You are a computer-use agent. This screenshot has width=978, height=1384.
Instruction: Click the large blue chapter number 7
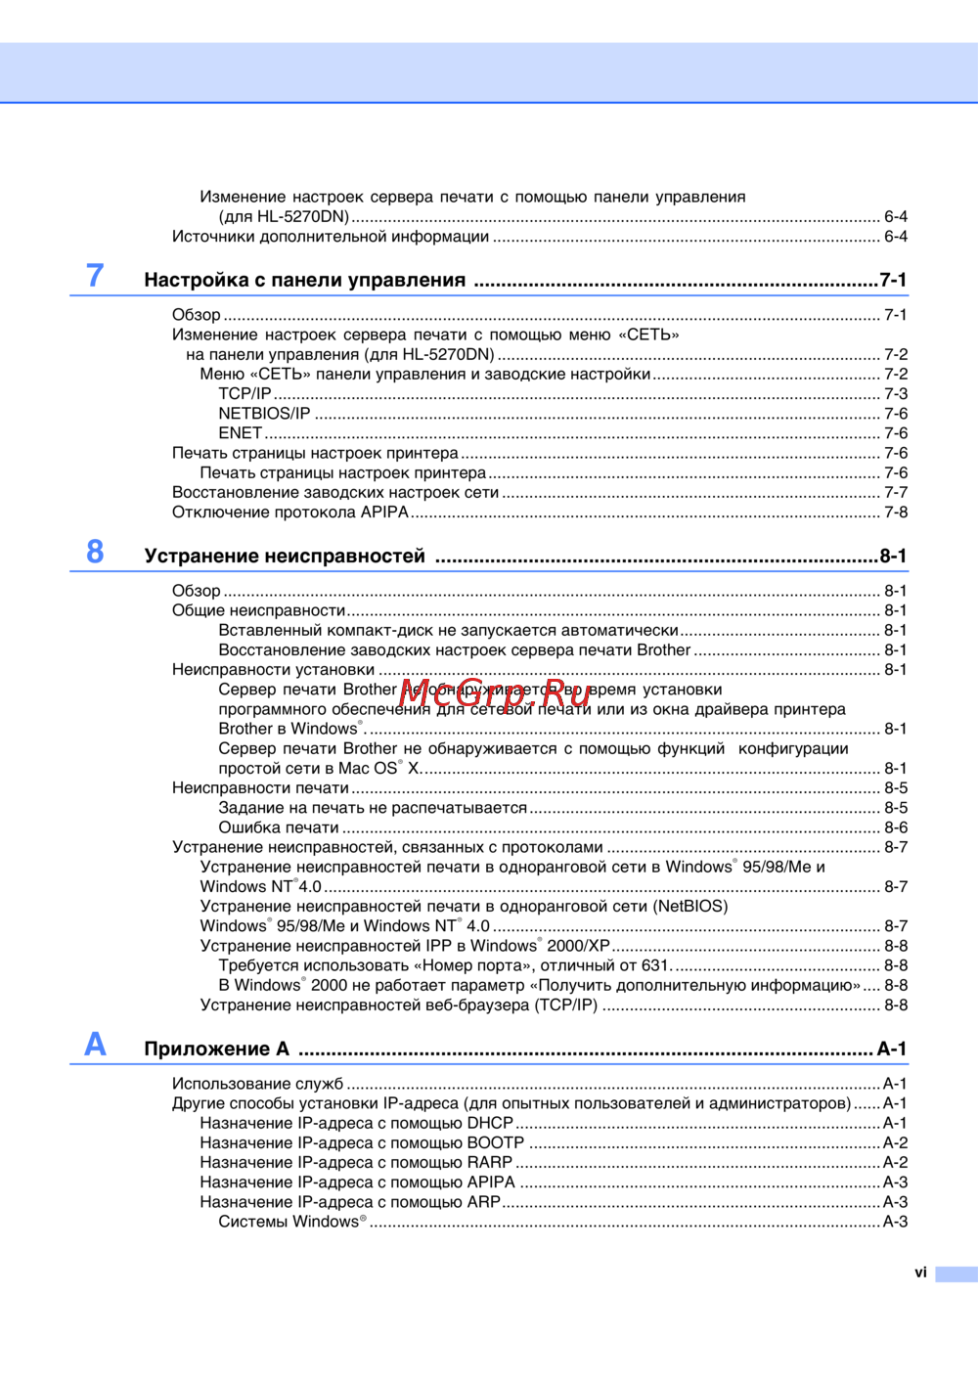pos(95,276)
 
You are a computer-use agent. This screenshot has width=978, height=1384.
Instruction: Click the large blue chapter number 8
pos(95,552)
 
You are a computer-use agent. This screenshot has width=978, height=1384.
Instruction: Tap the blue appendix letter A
pos(95,1045)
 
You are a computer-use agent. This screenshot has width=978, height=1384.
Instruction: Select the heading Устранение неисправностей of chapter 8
pos(285,557)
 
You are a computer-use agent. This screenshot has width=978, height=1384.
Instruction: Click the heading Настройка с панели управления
pos(304,281)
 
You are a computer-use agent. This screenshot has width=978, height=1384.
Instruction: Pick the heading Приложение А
pos(216,1049)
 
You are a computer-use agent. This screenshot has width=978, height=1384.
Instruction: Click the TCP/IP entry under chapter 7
pos(244,394)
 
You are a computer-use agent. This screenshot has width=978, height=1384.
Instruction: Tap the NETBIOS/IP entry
pos(264,414)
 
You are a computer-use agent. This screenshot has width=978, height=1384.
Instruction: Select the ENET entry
pos(240,433)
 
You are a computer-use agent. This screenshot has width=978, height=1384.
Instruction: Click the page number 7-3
pos(896,394)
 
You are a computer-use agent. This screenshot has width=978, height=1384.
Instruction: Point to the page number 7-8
pos(896,513)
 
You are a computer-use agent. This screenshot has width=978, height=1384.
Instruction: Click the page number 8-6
pos(896,827)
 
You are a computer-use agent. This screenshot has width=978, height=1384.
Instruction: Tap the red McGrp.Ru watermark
pos(496,692)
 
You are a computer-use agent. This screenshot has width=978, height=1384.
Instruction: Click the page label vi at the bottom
pos(920,1272)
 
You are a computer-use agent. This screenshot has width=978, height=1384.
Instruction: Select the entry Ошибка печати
pos(279,827)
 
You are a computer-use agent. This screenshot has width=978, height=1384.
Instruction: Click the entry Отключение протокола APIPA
pos(290,513)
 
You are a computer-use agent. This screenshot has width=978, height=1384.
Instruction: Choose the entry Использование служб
pos(257,1084)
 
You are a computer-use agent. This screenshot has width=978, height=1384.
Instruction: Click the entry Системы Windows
pos(290,1222)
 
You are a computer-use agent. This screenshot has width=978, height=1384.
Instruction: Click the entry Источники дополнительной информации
pos(331,237)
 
